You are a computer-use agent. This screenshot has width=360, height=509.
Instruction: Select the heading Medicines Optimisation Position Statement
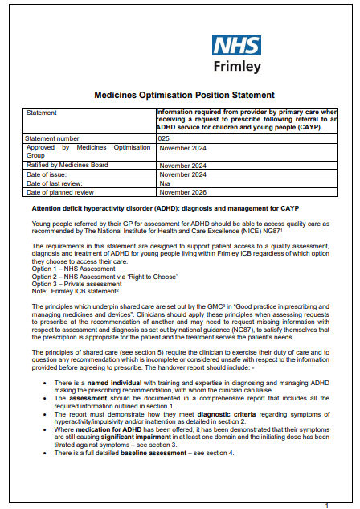179,94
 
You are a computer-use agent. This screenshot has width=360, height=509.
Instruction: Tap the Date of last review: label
55,184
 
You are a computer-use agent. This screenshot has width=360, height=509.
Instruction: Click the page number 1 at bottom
326,504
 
